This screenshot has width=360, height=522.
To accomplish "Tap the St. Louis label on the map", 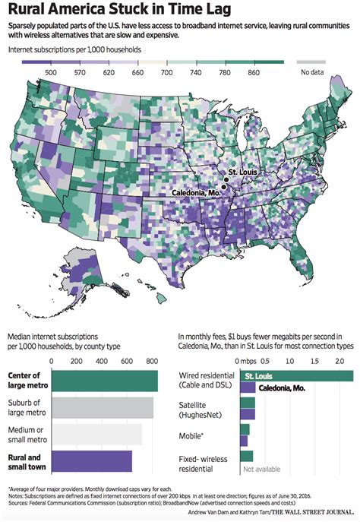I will click(243, 172).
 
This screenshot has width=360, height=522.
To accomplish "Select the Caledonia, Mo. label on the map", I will click(190, 195).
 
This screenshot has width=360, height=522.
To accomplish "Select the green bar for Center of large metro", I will click(104, 381).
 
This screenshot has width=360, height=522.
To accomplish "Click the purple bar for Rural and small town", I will click(91, 460).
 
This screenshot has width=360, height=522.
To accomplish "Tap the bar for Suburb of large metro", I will click(102, 407).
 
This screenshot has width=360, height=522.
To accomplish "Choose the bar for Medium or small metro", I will click(96, 434).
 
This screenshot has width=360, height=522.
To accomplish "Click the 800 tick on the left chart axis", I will click(152, 362).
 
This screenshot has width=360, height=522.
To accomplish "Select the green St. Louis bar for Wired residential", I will click(296, 375).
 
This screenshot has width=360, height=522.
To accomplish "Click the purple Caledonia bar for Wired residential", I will click(247, 388).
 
